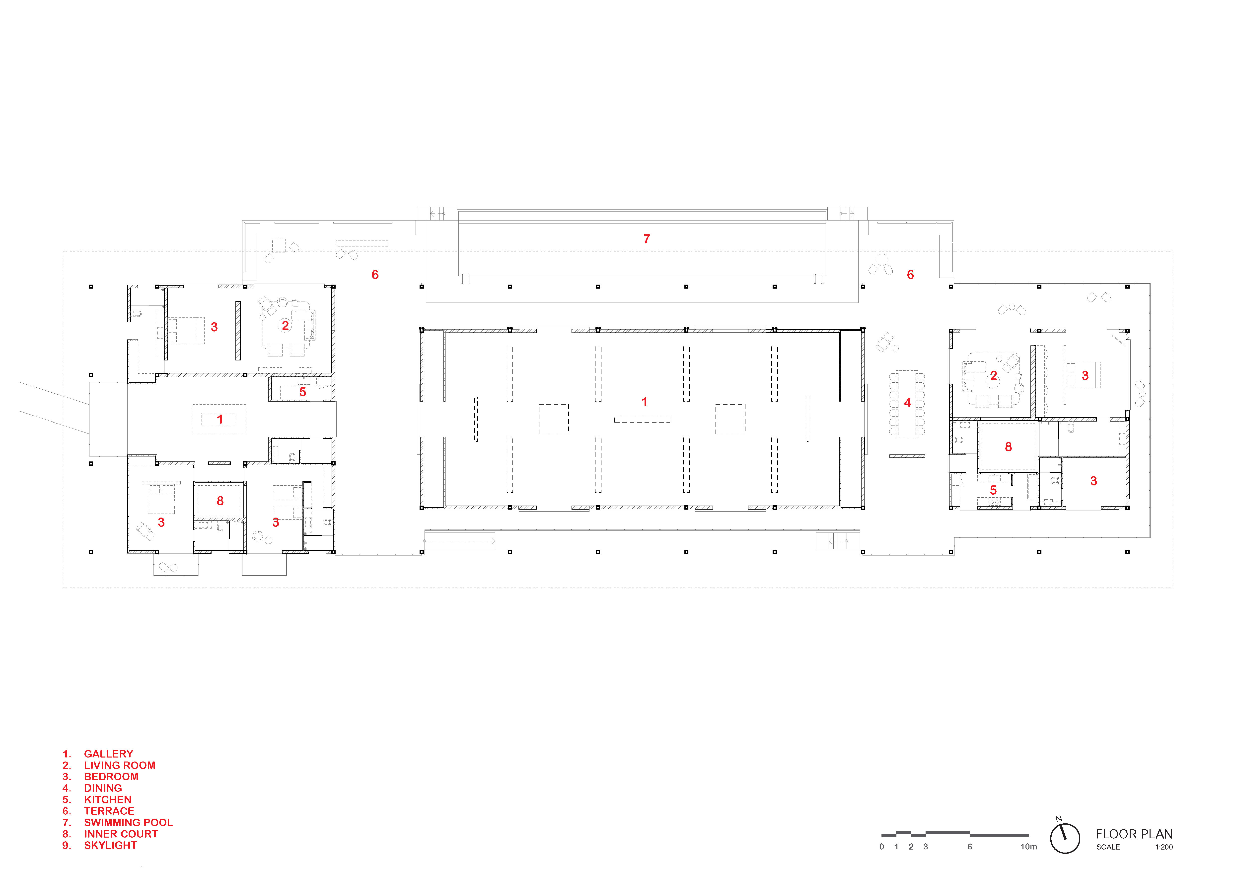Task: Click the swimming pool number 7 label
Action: click(647, 239)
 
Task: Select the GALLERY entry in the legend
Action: click(108, 754)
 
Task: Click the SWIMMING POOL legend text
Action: click(128, 822)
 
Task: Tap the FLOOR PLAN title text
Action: click(1134, 834)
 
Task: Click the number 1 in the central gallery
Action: click(644, 401)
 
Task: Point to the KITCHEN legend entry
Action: click(108, 800)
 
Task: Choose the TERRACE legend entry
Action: click(109, 811)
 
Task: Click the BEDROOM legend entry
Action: click(111, 776)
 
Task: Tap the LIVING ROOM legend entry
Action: click(120, 765)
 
